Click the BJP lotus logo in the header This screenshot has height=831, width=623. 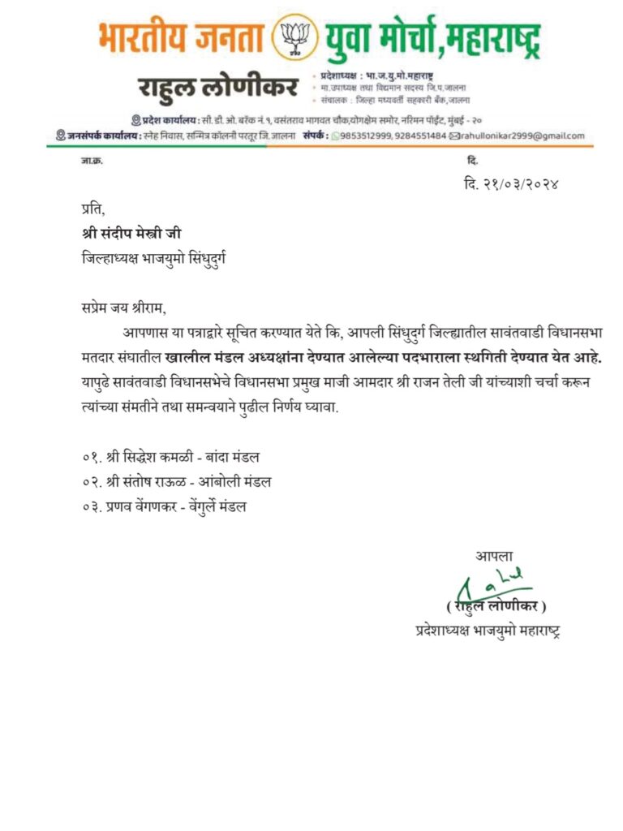294,39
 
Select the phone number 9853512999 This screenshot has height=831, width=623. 364,136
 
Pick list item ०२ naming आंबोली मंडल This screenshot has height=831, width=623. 177,483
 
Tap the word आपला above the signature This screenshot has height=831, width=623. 494,557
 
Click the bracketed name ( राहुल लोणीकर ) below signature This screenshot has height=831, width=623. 496,607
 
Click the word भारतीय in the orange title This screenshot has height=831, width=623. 139,38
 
